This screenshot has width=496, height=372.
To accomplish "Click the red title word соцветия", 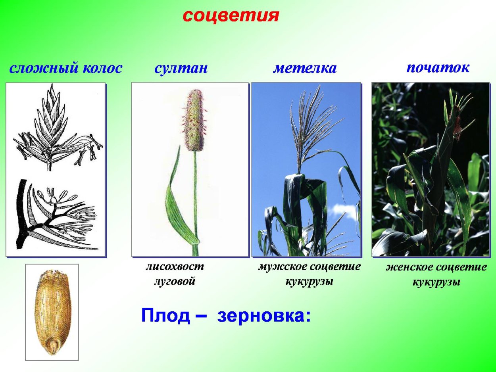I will point(231,15).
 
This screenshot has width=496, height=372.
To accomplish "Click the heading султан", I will point(181,68).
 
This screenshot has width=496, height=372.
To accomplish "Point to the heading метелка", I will point(304,68).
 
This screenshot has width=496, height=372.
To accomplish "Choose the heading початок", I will point(438,67).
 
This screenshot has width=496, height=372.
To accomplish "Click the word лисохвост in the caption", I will point(175,267).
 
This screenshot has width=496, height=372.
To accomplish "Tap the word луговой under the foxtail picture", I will point(175,282).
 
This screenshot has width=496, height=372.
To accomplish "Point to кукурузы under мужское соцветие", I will point(309,282).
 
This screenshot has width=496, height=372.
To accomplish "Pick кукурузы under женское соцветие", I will point(436,282).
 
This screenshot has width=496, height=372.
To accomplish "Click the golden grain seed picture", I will point(52,313).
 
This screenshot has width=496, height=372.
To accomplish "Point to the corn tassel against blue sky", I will point(313,123).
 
